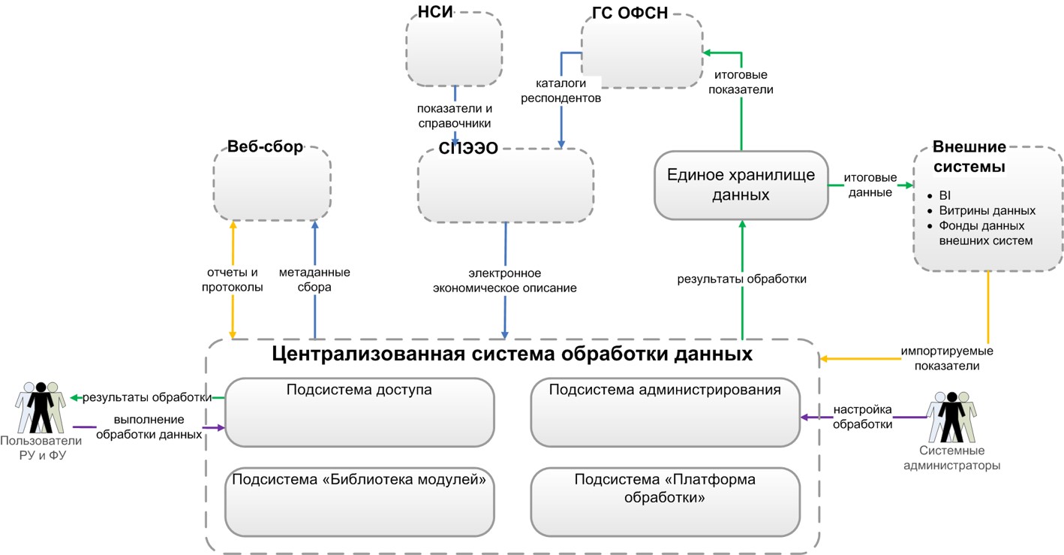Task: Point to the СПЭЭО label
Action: [x=468, y=148]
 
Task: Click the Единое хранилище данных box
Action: [x=740, y=185]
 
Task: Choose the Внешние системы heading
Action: [x=969, y=156]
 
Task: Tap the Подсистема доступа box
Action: [x=359, y=412]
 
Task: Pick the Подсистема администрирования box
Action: [x=665, y=412]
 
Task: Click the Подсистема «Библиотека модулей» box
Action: [x=359, y=500]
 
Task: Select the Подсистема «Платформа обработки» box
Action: [x=665, y=500]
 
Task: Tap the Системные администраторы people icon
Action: [x=951, y=416]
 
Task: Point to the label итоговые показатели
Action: [x=744, y=83]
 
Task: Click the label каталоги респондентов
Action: [x=566, y=90]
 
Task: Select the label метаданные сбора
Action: [x=314, y=279]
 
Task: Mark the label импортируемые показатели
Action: [x=947, y=358]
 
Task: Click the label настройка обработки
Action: [x=861, y=417]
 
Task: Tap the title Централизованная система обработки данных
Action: [x=512, y=353]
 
